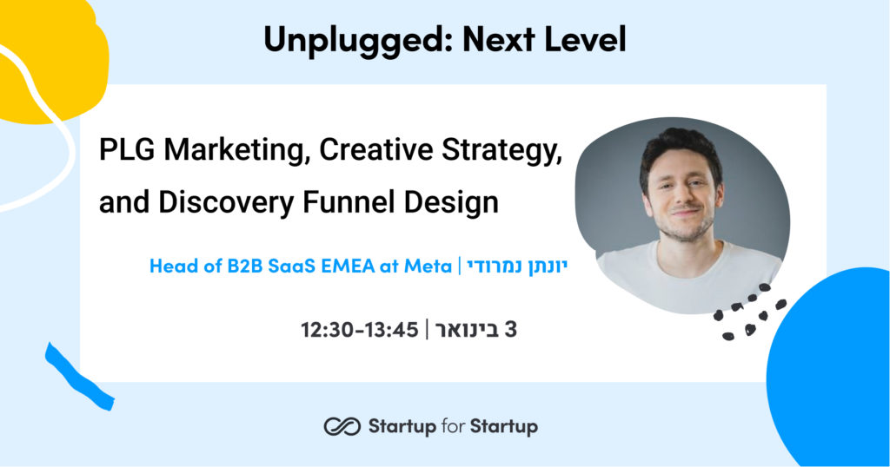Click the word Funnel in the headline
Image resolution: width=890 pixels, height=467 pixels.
pyautogui.click(x=349, y=202)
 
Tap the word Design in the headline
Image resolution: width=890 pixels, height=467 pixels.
pyautogui.click(x=451, y=203)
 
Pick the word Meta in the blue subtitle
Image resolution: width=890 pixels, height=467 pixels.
pyautogui.click(x=428, y=266)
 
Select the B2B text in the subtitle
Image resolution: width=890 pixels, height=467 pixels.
pyautogui.click(x=244, y=266)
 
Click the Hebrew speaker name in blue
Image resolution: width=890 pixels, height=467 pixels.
pyautogui.click(x=517, y=266)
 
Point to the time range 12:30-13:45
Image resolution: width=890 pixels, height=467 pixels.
pyautogui.click(x=359, y=330)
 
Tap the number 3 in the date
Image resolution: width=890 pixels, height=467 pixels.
pyautogui.click(x=510, y=329)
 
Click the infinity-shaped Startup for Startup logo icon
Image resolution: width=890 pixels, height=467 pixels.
pyautogui.click(x=342, y=427)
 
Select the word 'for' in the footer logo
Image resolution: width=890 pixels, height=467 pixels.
pyautogui.click(x=453, y=426)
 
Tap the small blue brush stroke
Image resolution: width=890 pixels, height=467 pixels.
pyautogui.click(x=78, y=377)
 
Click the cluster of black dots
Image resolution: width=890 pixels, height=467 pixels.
pyautogui.click(x=748, y=312)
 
